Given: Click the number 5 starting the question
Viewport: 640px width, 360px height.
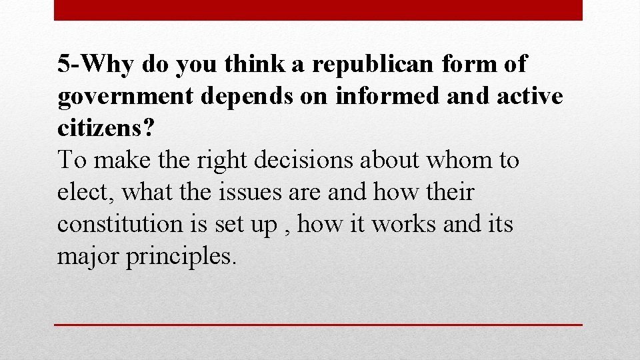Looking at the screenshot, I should click(63, 65).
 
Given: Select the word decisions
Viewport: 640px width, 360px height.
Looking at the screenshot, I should click(304, 161).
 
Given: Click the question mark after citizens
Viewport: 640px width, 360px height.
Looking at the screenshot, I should click(147, 129).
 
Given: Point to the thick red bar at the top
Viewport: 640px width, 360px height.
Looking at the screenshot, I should click(318, 10).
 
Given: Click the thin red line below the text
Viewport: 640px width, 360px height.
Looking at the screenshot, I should click(318, 325).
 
